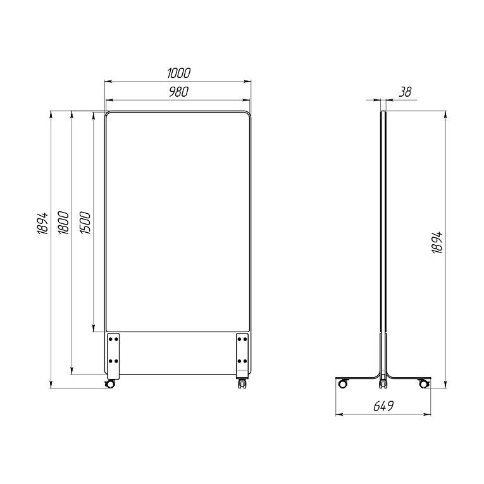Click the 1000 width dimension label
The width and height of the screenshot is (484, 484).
[x=178, y=73]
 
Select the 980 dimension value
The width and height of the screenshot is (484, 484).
[x=178, y=92]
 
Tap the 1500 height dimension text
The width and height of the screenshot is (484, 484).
[x=85, y=223]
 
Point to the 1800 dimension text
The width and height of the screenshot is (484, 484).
[x=64, y=223]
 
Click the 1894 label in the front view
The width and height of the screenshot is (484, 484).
[x=42, y=223]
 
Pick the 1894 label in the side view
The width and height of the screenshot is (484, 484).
[x=437, y=242]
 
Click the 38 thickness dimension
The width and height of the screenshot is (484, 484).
[x=406, y=92]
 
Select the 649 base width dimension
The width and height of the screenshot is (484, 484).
[x=383, y=406]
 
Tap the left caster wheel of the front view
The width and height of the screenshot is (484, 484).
[x=110, y=383]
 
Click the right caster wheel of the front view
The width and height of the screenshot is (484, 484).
[x=242, y=384]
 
